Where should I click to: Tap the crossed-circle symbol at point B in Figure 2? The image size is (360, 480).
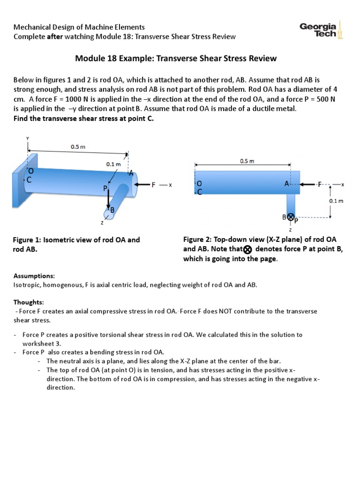[290, 217]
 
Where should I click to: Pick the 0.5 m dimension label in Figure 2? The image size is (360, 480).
[247, 161]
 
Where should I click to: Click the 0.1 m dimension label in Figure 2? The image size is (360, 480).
[338, 201]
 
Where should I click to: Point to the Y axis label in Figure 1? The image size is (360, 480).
[28, 138]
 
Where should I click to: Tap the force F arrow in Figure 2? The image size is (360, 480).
[308, 185]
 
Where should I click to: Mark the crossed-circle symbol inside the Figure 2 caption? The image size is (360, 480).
[248, 249]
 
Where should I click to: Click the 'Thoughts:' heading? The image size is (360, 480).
[28, 303]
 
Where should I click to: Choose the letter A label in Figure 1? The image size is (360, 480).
[131, 173]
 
